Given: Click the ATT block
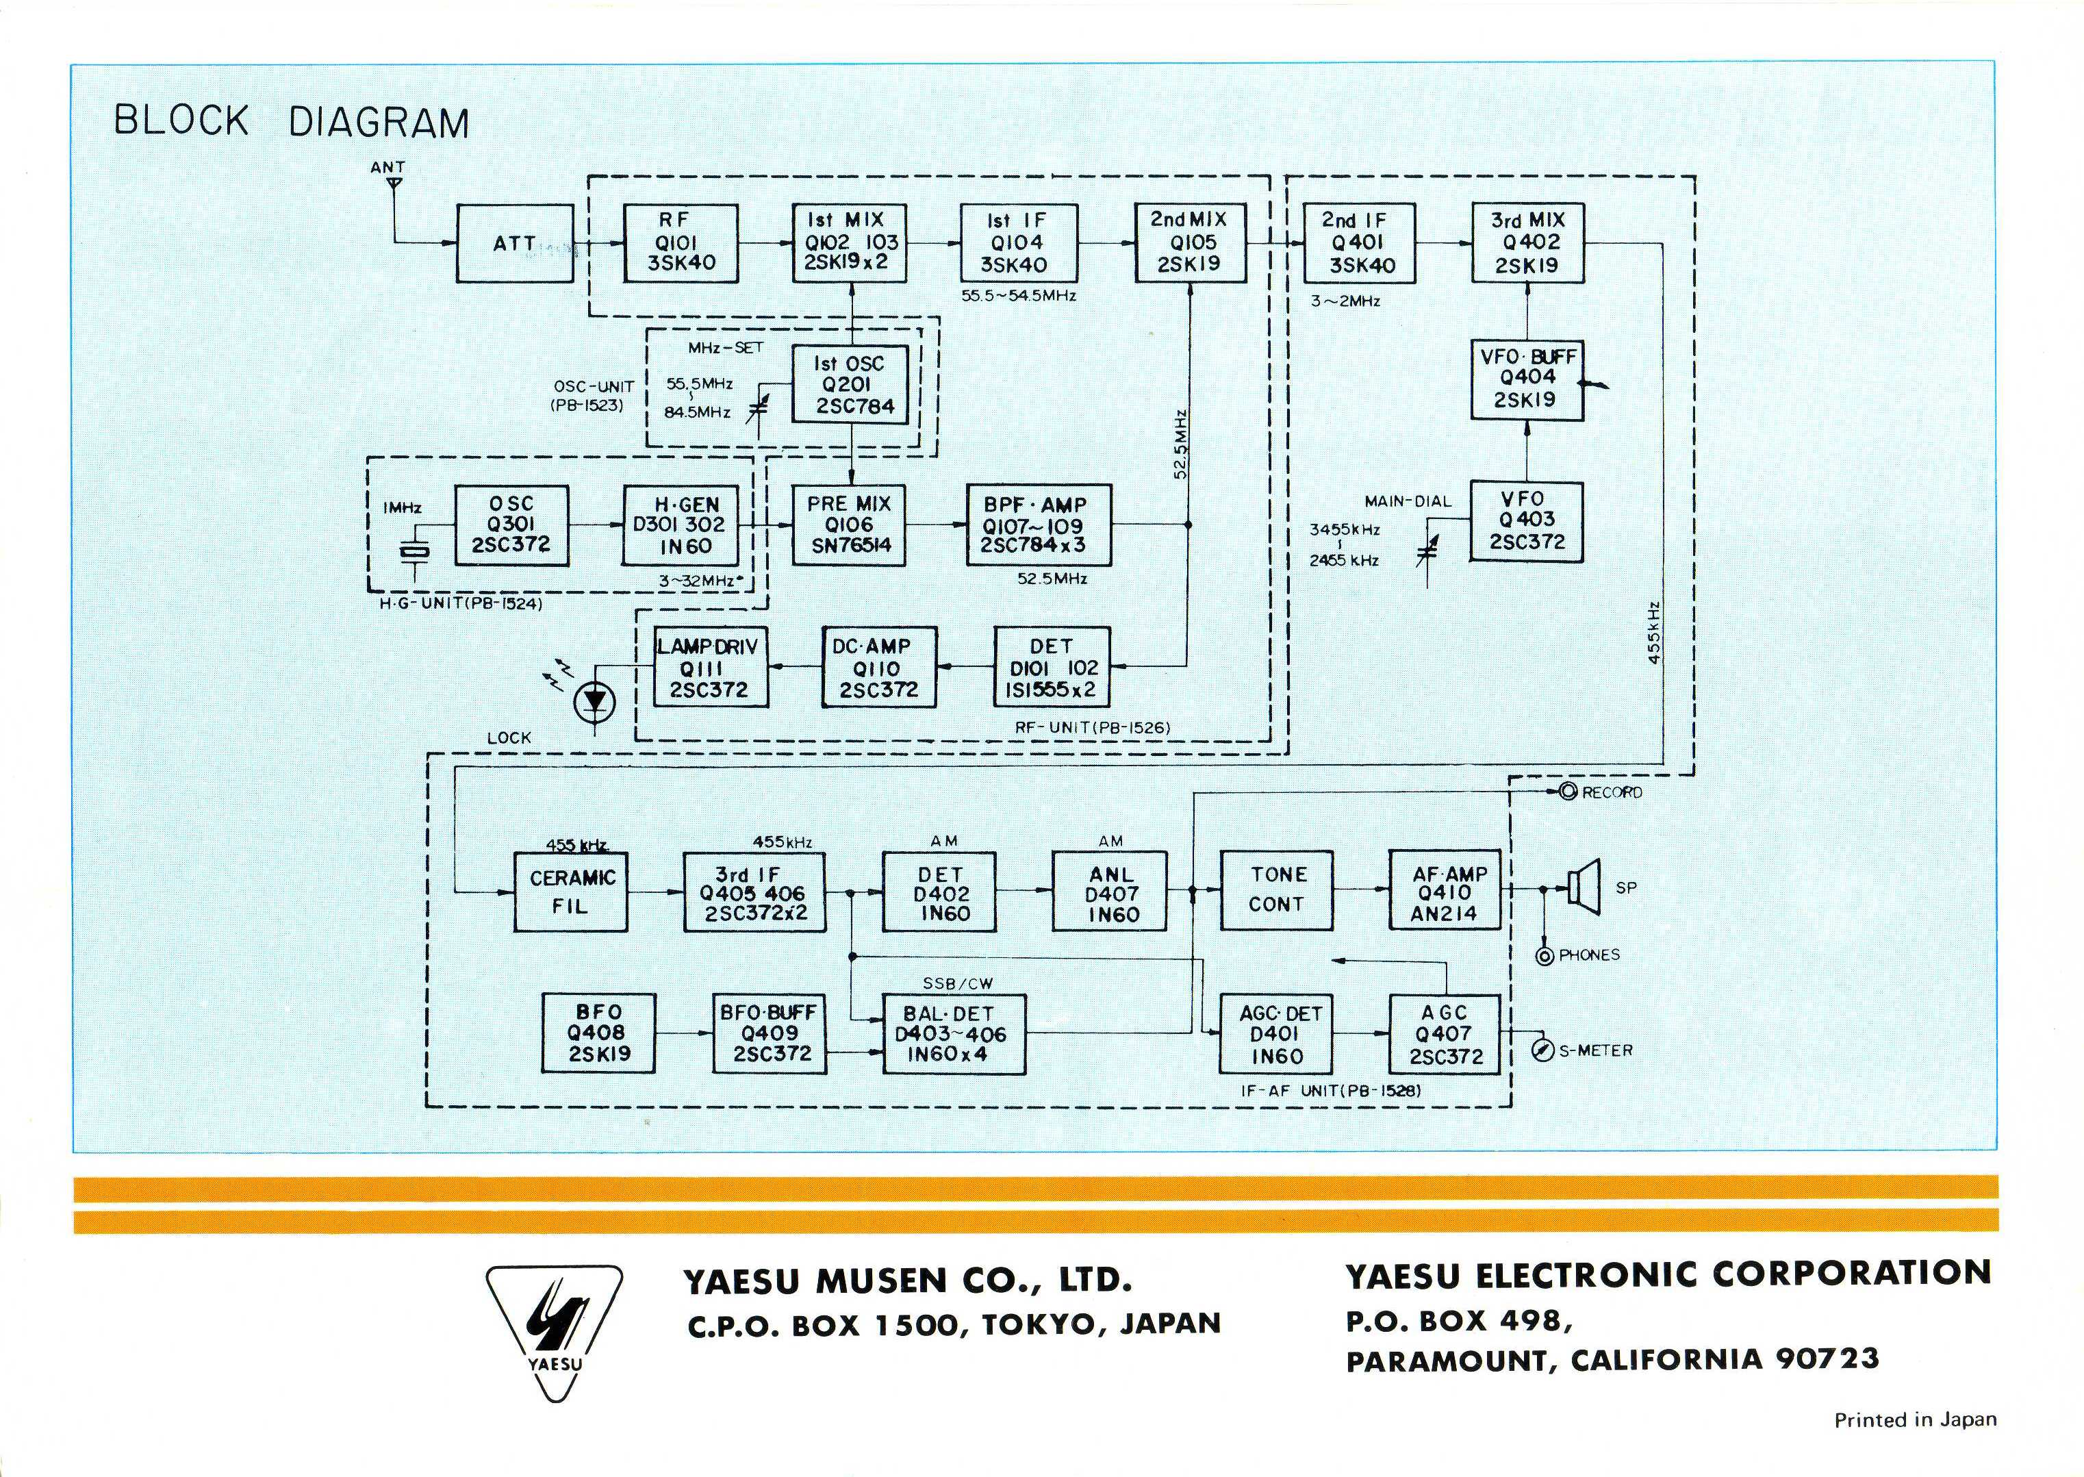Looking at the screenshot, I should point(515,244).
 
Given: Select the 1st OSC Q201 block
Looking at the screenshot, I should point(849,385).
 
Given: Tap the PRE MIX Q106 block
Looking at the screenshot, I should point(849,525).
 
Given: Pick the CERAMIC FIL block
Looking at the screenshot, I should point(571,892).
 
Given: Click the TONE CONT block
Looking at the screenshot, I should point(1277,889).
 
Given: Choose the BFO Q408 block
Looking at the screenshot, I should point(598,1033).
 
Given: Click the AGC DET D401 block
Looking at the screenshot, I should point(1277,1035).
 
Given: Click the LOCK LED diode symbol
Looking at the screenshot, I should point(596,701).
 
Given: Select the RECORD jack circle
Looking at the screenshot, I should point(1568,792).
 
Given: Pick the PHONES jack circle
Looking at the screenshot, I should point(1544,956).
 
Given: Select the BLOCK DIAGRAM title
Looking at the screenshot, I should point(291,122).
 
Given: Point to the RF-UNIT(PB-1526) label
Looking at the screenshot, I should point(1092,727).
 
